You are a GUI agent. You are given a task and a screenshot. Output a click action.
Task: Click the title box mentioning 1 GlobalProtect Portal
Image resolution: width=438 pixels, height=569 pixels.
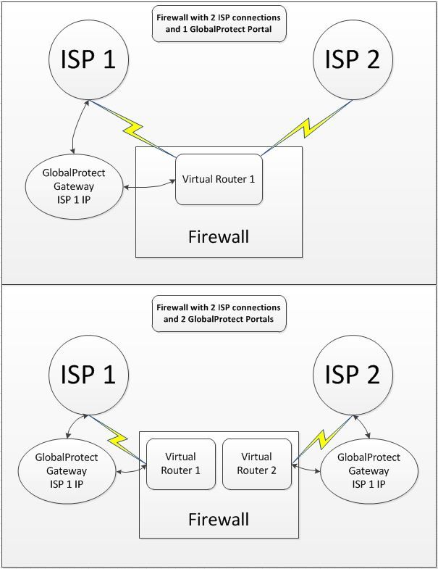click(219, 24)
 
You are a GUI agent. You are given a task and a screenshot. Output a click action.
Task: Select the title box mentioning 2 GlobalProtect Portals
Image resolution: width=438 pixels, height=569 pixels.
click(219, 312)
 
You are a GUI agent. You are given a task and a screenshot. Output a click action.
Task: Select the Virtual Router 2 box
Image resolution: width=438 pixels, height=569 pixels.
click(258, 464)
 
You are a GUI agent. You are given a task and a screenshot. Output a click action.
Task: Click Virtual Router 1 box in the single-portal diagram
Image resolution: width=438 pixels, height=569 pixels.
click(218, 178)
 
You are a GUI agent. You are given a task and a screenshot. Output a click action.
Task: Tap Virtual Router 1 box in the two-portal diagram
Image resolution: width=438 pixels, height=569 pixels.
click(181, 464)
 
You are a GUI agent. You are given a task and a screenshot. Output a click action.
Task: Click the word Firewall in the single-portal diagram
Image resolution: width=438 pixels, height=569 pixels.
click(219, 236)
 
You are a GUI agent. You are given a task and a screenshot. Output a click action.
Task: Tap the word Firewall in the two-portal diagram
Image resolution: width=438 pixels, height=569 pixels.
click(219, 519)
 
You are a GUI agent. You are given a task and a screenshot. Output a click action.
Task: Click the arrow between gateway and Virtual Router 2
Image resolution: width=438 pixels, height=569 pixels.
click(306, 469)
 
